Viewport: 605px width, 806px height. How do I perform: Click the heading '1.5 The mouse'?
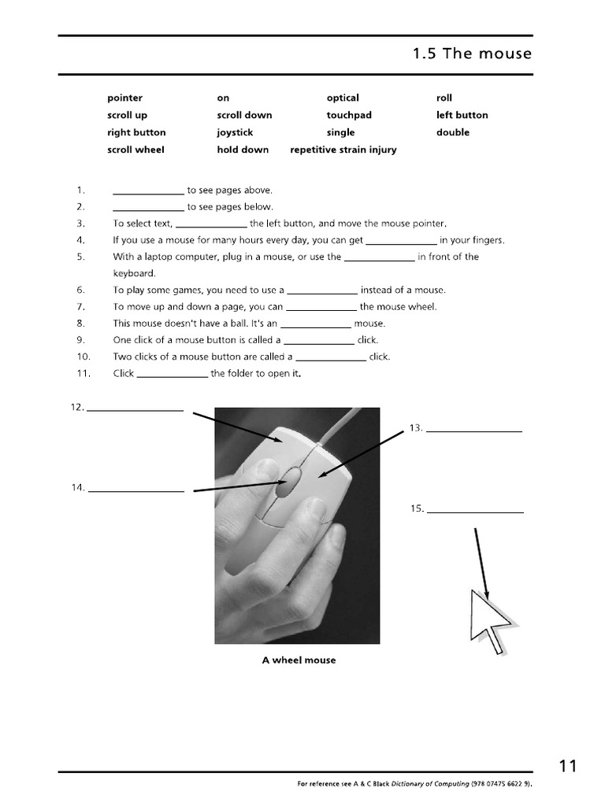click(x=472, y=54)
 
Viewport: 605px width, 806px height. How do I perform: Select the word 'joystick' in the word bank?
click(x=236, y=132)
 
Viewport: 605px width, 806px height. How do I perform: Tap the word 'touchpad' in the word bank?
click(x=349, y=115)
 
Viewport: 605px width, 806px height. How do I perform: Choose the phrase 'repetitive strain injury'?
click(x=343, y=150)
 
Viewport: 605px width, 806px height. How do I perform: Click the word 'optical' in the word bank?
click(x=343, y=98)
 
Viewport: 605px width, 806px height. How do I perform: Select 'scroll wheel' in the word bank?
click(x=135, y=150)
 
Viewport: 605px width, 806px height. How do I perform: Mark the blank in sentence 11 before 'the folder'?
click(x=173, y=375)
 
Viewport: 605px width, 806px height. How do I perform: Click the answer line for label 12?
click(x=135, y=409)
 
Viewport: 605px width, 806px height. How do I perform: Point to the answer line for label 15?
click(x=475, y=512)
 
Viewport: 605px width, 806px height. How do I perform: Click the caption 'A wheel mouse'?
click(x=299, y=660)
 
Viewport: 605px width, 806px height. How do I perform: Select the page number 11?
click(x=568, y=766)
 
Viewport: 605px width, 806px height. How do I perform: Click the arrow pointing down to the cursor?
click(x=481, y=563)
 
